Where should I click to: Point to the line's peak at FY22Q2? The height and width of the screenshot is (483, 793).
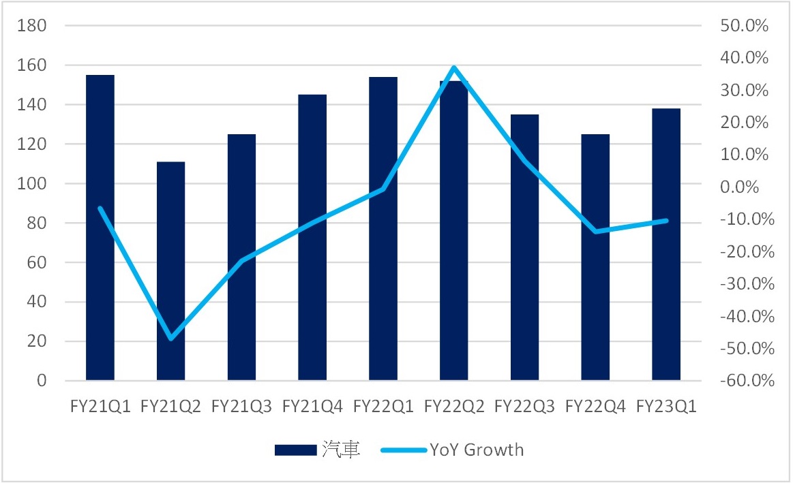pyautogui.click(x=454, y=67)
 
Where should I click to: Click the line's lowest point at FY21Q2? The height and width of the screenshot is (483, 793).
pyautogui.click(x=170, y=339)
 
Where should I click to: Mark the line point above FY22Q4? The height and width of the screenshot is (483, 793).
pyautogui.click(x=595, y=232)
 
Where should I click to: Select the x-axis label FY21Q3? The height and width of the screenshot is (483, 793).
pyautogui.click(x=241, y=407)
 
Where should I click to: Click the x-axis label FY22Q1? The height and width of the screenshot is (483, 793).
pyautogui.click(x=383, y=407)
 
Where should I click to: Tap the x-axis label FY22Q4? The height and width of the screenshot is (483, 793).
pyautogui.click(x=595, y=407)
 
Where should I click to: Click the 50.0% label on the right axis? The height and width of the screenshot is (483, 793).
pyautogui.click(x=744, y=26)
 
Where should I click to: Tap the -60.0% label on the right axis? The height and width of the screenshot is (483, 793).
pyautogui.click(x=744, y=381)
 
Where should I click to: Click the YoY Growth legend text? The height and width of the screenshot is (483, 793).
pyautogui.click(x=477, y=450)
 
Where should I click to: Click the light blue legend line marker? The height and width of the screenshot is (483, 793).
pyautogui.click(x=403, y=450)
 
